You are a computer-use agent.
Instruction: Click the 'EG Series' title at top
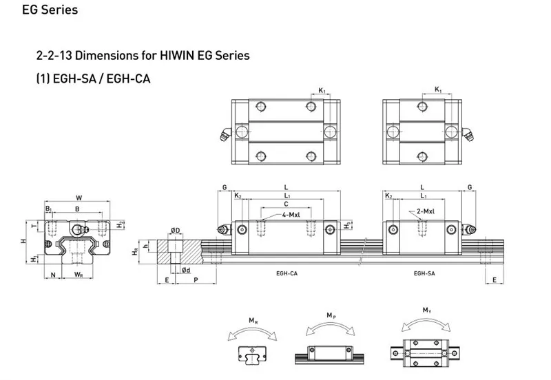pyautogui.click(x=41, y=10)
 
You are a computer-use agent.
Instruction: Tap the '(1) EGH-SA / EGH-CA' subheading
pyautogui.click(x=93, y=78)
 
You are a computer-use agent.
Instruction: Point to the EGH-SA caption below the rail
pyautogui.click(x=424, y=273)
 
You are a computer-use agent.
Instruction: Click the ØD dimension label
pyautogui.click(x=175, y=230)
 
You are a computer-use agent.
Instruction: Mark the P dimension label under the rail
pyautogui.click(x=197, y=281)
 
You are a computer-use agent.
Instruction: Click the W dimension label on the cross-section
pyautogui.click(x=79, y=198)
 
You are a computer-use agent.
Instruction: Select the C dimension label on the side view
pyautogui.click(x=285, y=204)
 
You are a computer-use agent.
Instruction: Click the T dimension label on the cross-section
pyautogui.click(x=34, y=223)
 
